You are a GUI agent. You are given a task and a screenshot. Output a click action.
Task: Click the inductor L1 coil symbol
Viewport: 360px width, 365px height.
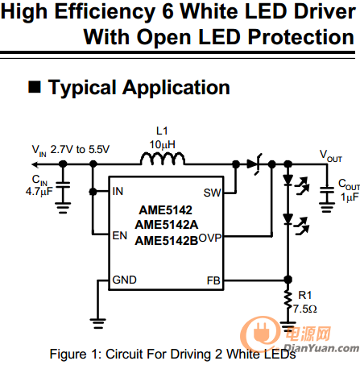point(163,159)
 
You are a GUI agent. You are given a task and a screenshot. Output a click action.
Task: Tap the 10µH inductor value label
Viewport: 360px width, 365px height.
point(163,145)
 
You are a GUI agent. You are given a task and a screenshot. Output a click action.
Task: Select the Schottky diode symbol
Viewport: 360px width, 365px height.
point(254,164)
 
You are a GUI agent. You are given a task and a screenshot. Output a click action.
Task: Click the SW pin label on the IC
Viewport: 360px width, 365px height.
point(212,193)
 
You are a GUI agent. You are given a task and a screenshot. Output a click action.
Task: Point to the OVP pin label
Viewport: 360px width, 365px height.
point(210,238)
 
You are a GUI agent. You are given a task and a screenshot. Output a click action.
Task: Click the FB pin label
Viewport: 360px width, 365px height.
point(213,280)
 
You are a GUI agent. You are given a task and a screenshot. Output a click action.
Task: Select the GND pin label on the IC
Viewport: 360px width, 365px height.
point(124,280)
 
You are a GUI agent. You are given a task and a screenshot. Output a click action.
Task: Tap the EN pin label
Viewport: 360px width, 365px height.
point(120,235)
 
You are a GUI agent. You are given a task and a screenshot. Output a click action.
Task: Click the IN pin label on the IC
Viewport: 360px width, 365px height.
point(118,191)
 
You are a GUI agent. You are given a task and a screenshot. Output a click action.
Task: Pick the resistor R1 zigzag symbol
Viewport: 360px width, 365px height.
point(288,301)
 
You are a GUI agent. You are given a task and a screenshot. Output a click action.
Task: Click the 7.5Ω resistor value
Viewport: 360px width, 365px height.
point(304,309)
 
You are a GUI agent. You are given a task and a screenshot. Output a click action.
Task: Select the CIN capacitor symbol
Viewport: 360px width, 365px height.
point(63,185)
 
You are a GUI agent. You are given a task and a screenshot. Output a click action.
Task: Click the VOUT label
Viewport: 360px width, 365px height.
point(330,156)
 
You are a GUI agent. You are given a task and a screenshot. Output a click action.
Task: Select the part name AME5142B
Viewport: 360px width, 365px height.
point(167,241)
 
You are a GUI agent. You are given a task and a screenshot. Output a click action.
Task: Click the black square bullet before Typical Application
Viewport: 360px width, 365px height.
point(35,87)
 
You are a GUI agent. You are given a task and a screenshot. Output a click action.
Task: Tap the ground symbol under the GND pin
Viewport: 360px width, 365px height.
point(98,323)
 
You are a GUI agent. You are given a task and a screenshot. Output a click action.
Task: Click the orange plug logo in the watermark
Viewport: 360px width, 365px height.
point(262,334)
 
